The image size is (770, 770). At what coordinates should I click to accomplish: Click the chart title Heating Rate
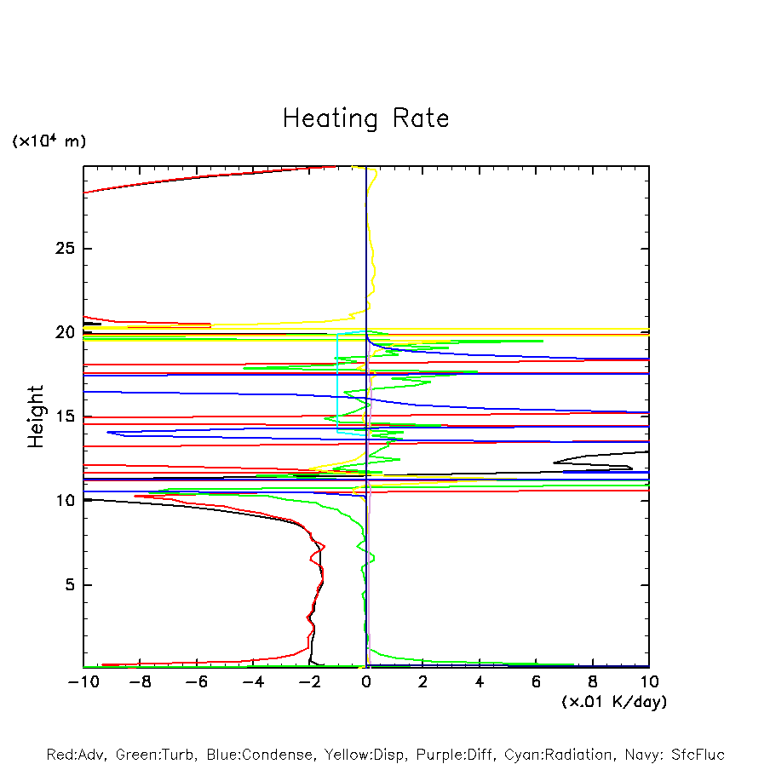pyautogui.click(x=365, y=118)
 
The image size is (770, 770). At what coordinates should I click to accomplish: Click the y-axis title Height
pyautogui.click(x=36, y=417)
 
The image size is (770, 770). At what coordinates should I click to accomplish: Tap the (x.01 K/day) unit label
pyautogui.click(x=614, y=702)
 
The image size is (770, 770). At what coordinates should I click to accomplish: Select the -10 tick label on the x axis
pyautogui.click(x=83, y=682)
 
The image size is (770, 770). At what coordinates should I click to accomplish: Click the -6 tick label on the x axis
pyautogui.click(x=196, y=682)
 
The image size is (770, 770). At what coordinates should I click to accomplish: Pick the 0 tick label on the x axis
pyautogui.click(x=366, y=682)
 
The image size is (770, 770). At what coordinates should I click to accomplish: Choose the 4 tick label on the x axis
pyautogui.click(x=480, y=682)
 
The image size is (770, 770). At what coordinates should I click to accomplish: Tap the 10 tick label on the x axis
pyautogui.click(x=649, y=682)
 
